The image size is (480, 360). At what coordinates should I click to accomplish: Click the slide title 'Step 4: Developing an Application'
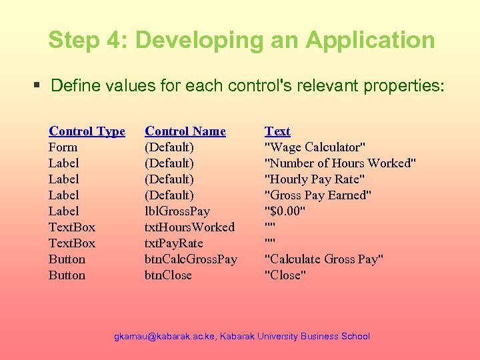pyautogui.click(x=241, y=40)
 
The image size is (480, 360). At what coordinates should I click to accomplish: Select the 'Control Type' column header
pyautogui.click(x=87, y=131)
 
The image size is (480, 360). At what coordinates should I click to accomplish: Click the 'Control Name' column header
pyautogui.click(x=185, y=131)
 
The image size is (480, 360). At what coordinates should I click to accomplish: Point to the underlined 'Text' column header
pyautogui.click(x=277, y=131)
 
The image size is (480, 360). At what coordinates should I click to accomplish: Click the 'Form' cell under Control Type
pyautogui.click(x=63, y=147)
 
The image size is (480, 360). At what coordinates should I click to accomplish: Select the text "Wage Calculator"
pyautogui.click(x=315, y=147)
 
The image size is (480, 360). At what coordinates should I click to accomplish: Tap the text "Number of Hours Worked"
pyautogui.click(x=341, y=163)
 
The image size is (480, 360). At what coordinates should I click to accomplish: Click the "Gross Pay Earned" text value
pyautogui.click(x=319, y=195)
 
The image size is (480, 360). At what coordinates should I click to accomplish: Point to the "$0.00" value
pyautogui.click(x=285, y=211)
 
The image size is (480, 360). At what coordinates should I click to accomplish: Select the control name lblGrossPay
pyautogui.click(x=177, y=211)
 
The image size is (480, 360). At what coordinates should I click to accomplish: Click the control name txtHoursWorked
pyautogui.click(x=189, y=227)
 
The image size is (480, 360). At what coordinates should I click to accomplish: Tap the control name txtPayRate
pyautogui.click(x=174, y=243)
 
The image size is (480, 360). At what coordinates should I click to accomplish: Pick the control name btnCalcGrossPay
pyautogui.click(x=191, y=259)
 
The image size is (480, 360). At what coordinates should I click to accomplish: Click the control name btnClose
pyautogui.click(x=168, y=275)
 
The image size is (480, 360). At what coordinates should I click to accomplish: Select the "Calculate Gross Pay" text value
pyautogui.click(x=324, y=259)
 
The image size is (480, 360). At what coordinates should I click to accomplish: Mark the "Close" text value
pyautogui.click(x=285, y=275)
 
